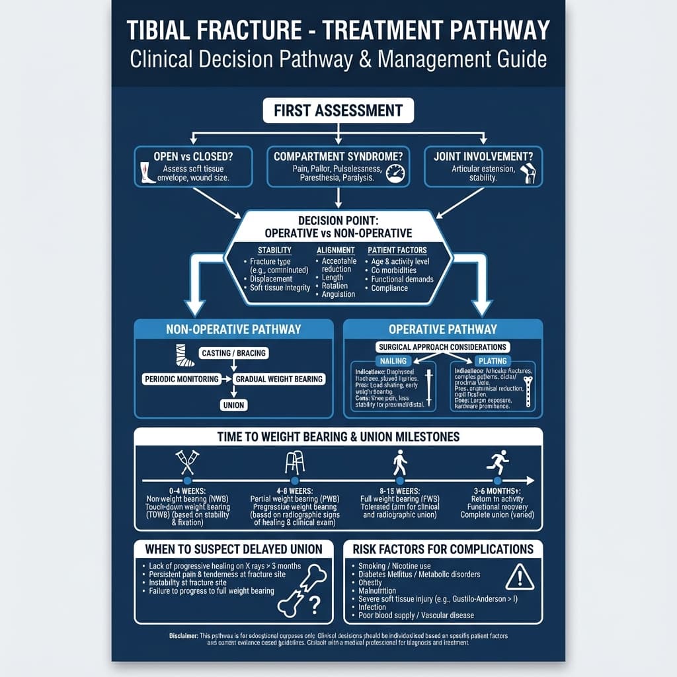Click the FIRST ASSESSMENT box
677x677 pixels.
point(338,110)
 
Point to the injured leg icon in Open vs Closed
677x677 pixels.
point(146,173)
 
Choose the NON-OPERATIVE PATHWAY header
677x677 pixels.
point(234,329)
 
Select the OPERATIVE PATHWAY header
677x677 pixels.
point(443,329)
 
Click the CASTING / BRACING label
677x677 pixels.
point(233,353)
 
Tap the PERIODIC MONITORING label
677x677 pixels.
point(182,379)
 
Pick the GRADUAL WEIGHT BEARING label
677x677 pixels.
point(280,379)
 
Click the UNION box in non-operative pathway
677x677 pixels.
point(233,405)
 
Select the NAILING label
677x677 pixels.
point(393,361)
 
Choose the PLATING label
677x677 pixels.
point(493,361)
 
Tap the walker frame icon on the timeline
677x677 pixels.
point(294,461)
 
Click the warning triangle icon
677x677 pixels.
point(520,577)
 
